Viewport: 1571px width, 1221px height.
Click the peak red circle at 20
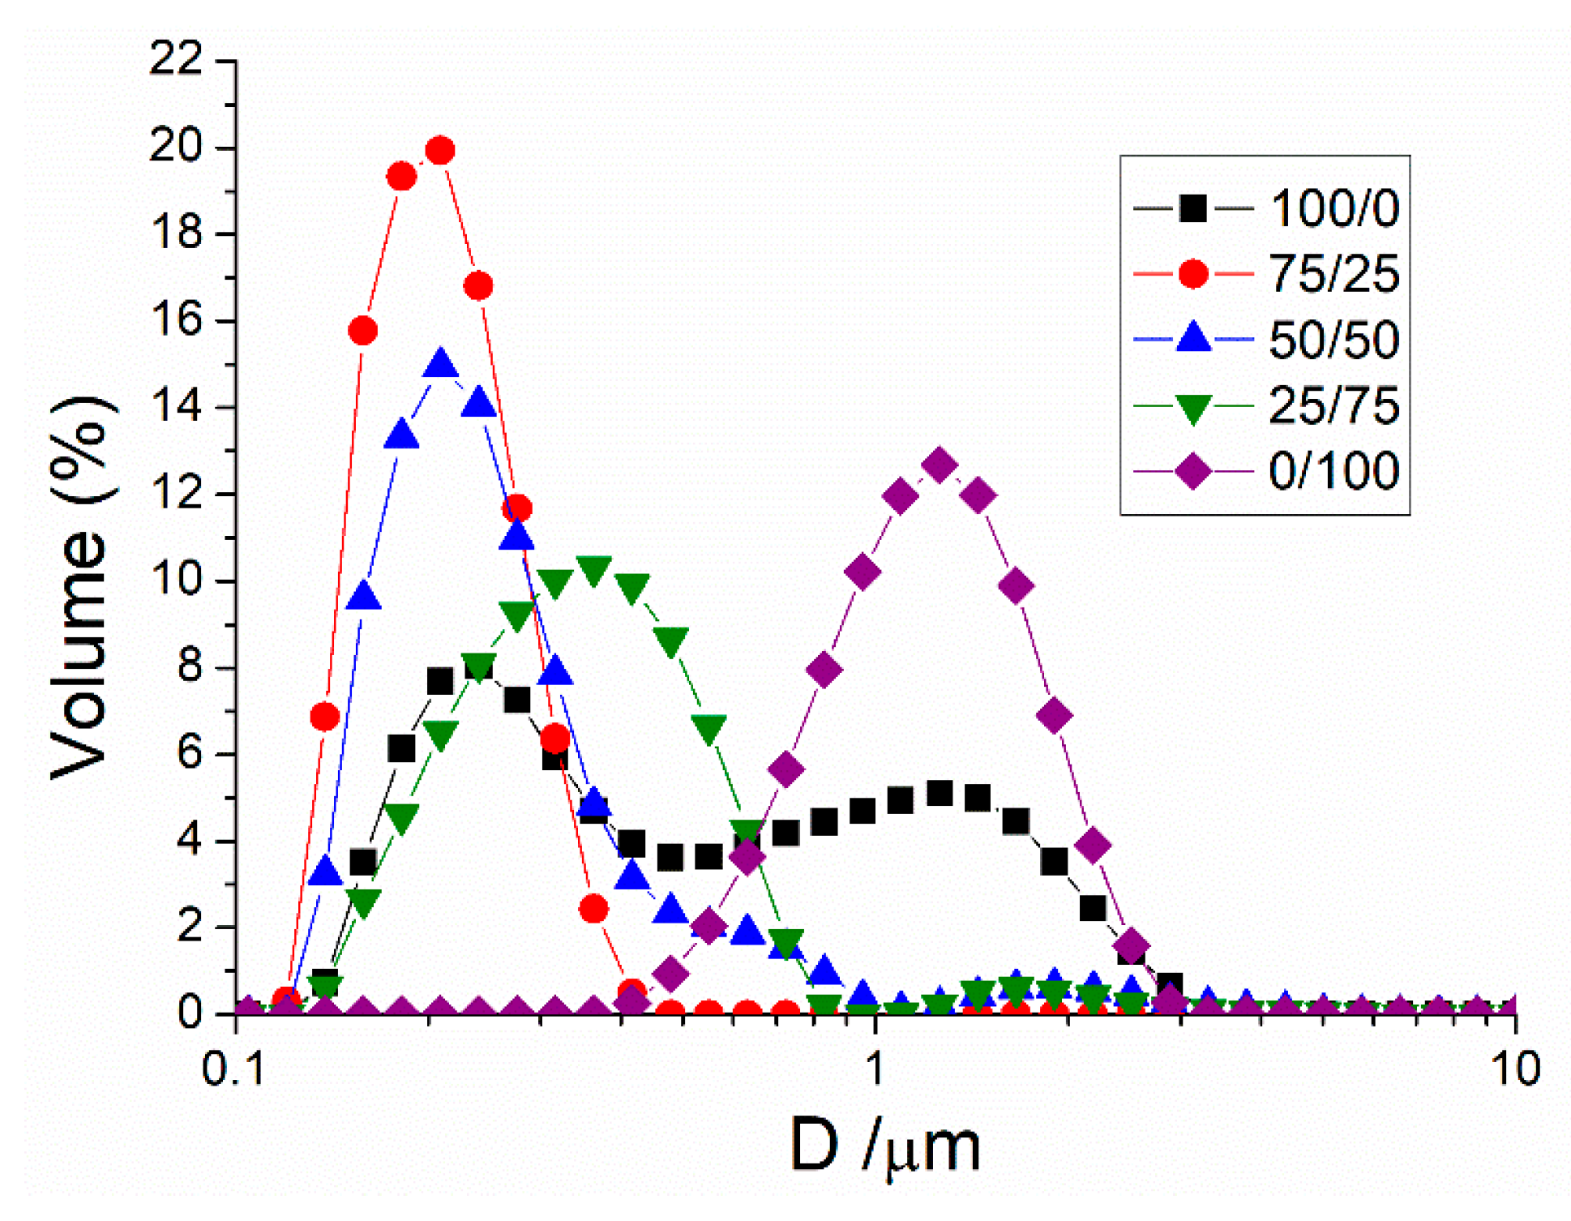click(x=439, y=151)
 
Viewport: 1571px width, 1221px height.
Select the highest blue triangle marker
click(x=440, y=364)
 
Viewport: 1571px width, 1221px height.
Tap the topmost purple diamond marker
click(x=939, y=465)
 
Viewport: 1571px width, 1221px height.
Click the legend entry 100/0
click(x=1333, y=208)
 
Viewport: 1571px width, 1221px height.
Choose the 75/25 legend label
click(x=1333, y=273)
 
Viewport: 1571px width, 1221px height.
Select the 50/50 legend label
click(x=1333, y=340)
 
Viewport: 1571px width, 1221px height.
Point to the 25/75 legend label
click(x=1333, y=405)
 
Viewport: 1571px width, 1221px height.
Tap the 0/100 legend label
click(x=1333, y=470)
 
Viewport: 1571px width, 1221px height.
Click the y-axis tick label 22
click(x=176, y=60)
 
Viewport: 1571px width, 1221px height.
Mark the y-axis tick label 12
click(x=176, y=493)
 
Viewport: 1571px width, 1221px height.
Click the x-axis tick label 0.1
click(x=233, y=1069)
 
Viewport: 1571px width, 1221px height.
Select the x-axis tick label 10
click(x=1514, y=1069)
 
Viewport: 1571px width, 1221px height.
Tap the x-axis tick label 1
click(x=875, y=1069)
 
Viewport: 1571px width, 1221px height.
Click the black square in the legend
click(x=1192, y=208)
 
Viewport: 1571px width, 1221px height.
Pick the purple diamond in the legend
click(x=1192, y=470)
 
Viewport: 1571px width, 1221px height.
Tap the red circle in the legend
click(x=1192, y=273)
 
